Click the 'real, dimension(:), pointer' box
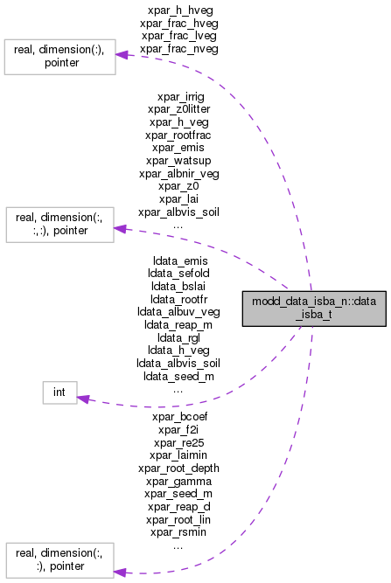click(x=59, y=56)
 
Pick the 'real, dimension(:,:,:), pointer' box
click(x=59, y=225)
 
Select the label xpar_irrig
click(x=178, y=96)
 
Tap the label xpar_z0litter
click(x=178, y=109)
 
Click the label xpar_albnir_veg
click(x=178, y=173)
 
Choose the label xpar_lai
click(x=178, y=198)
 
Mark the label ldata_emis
click(x=178, y=260)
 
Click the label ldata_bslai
click(x=178, y=286)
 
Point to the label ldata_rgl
click(x=178, y=337)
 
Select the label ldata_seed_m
click(x=178, y=375)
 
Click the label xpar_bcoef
click(x=178, y=417)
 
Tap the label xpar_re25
click(x=178, y=442)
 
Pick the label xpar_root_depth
click(x=178, y=468)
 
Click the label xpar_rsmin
click(x=178, y=531)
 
